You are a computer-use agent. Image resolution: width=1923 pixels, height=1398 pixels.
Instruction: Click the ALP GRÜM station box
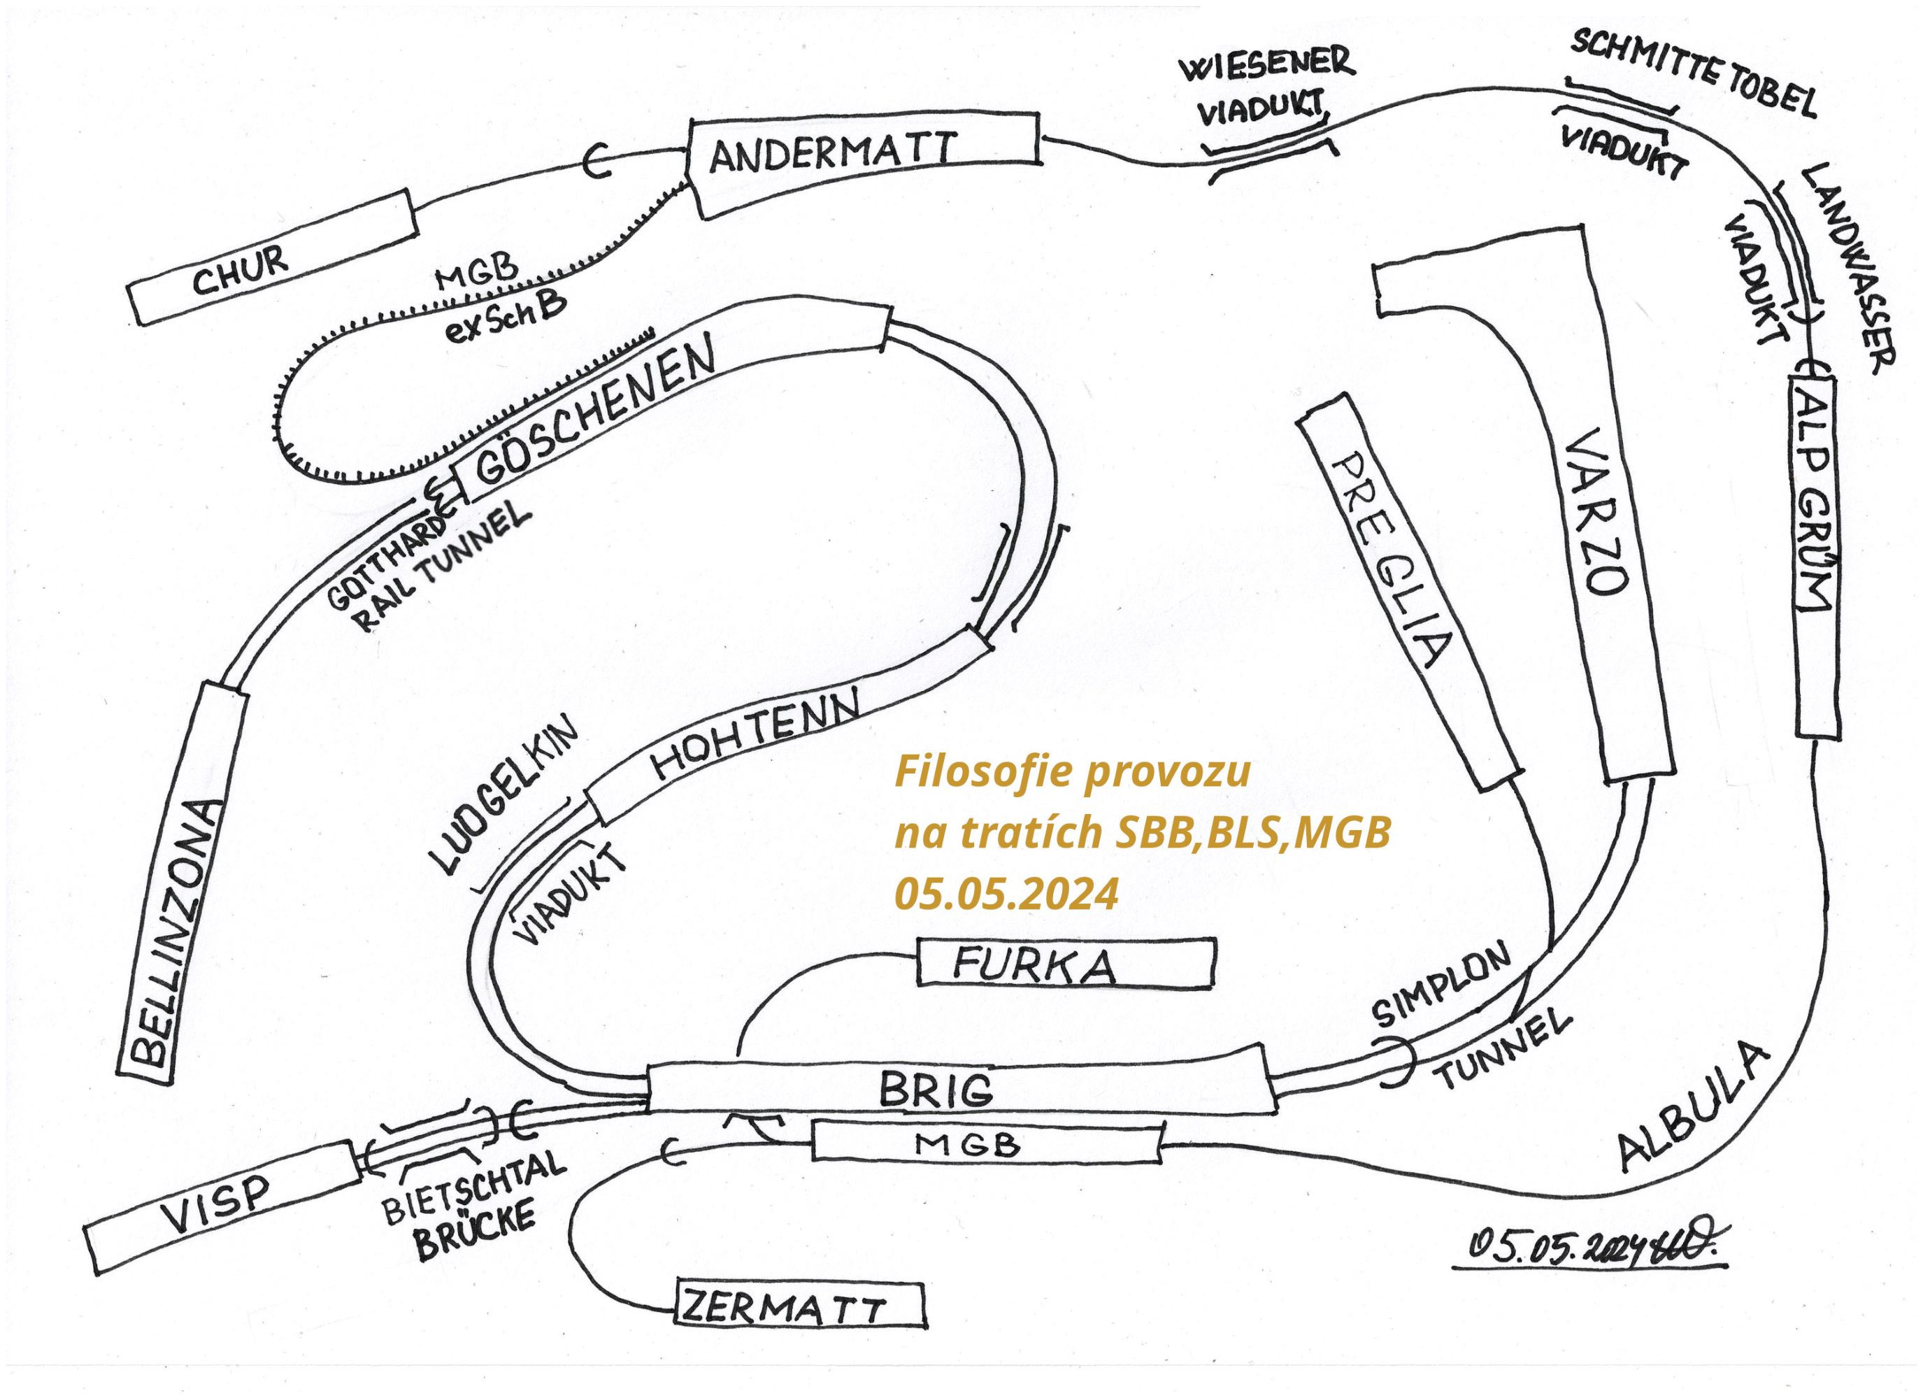tap(1815, 555)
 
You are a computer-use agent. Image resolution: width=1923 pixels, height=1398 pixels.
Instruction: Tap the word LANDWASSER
tap(1844, 267)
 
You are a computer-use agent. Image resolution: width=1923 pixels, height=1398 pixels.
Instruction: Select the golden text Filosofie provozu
tap(1073, 773)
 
